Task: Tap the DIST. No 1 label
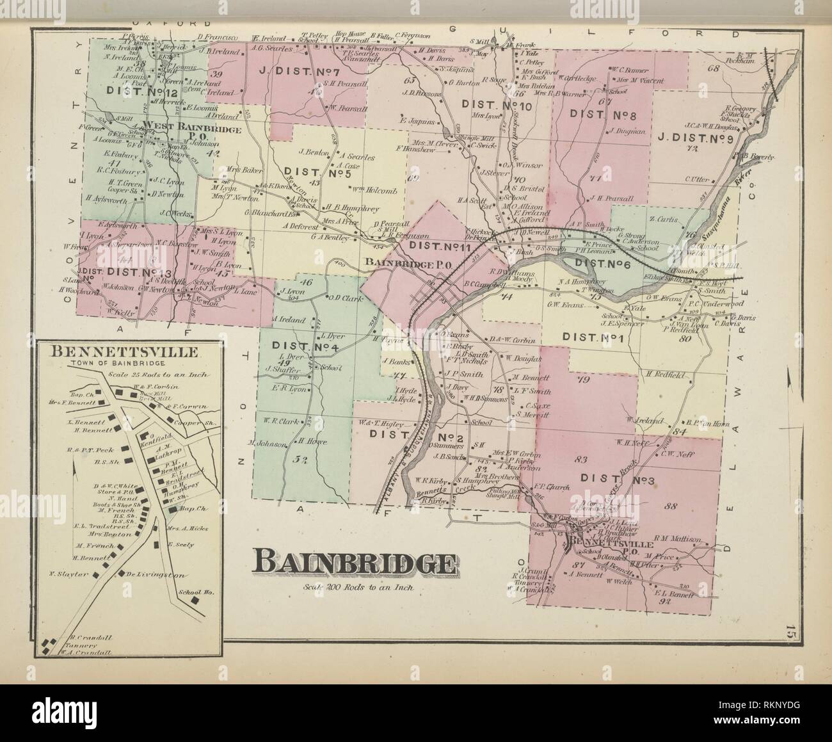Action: (591, 337)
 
